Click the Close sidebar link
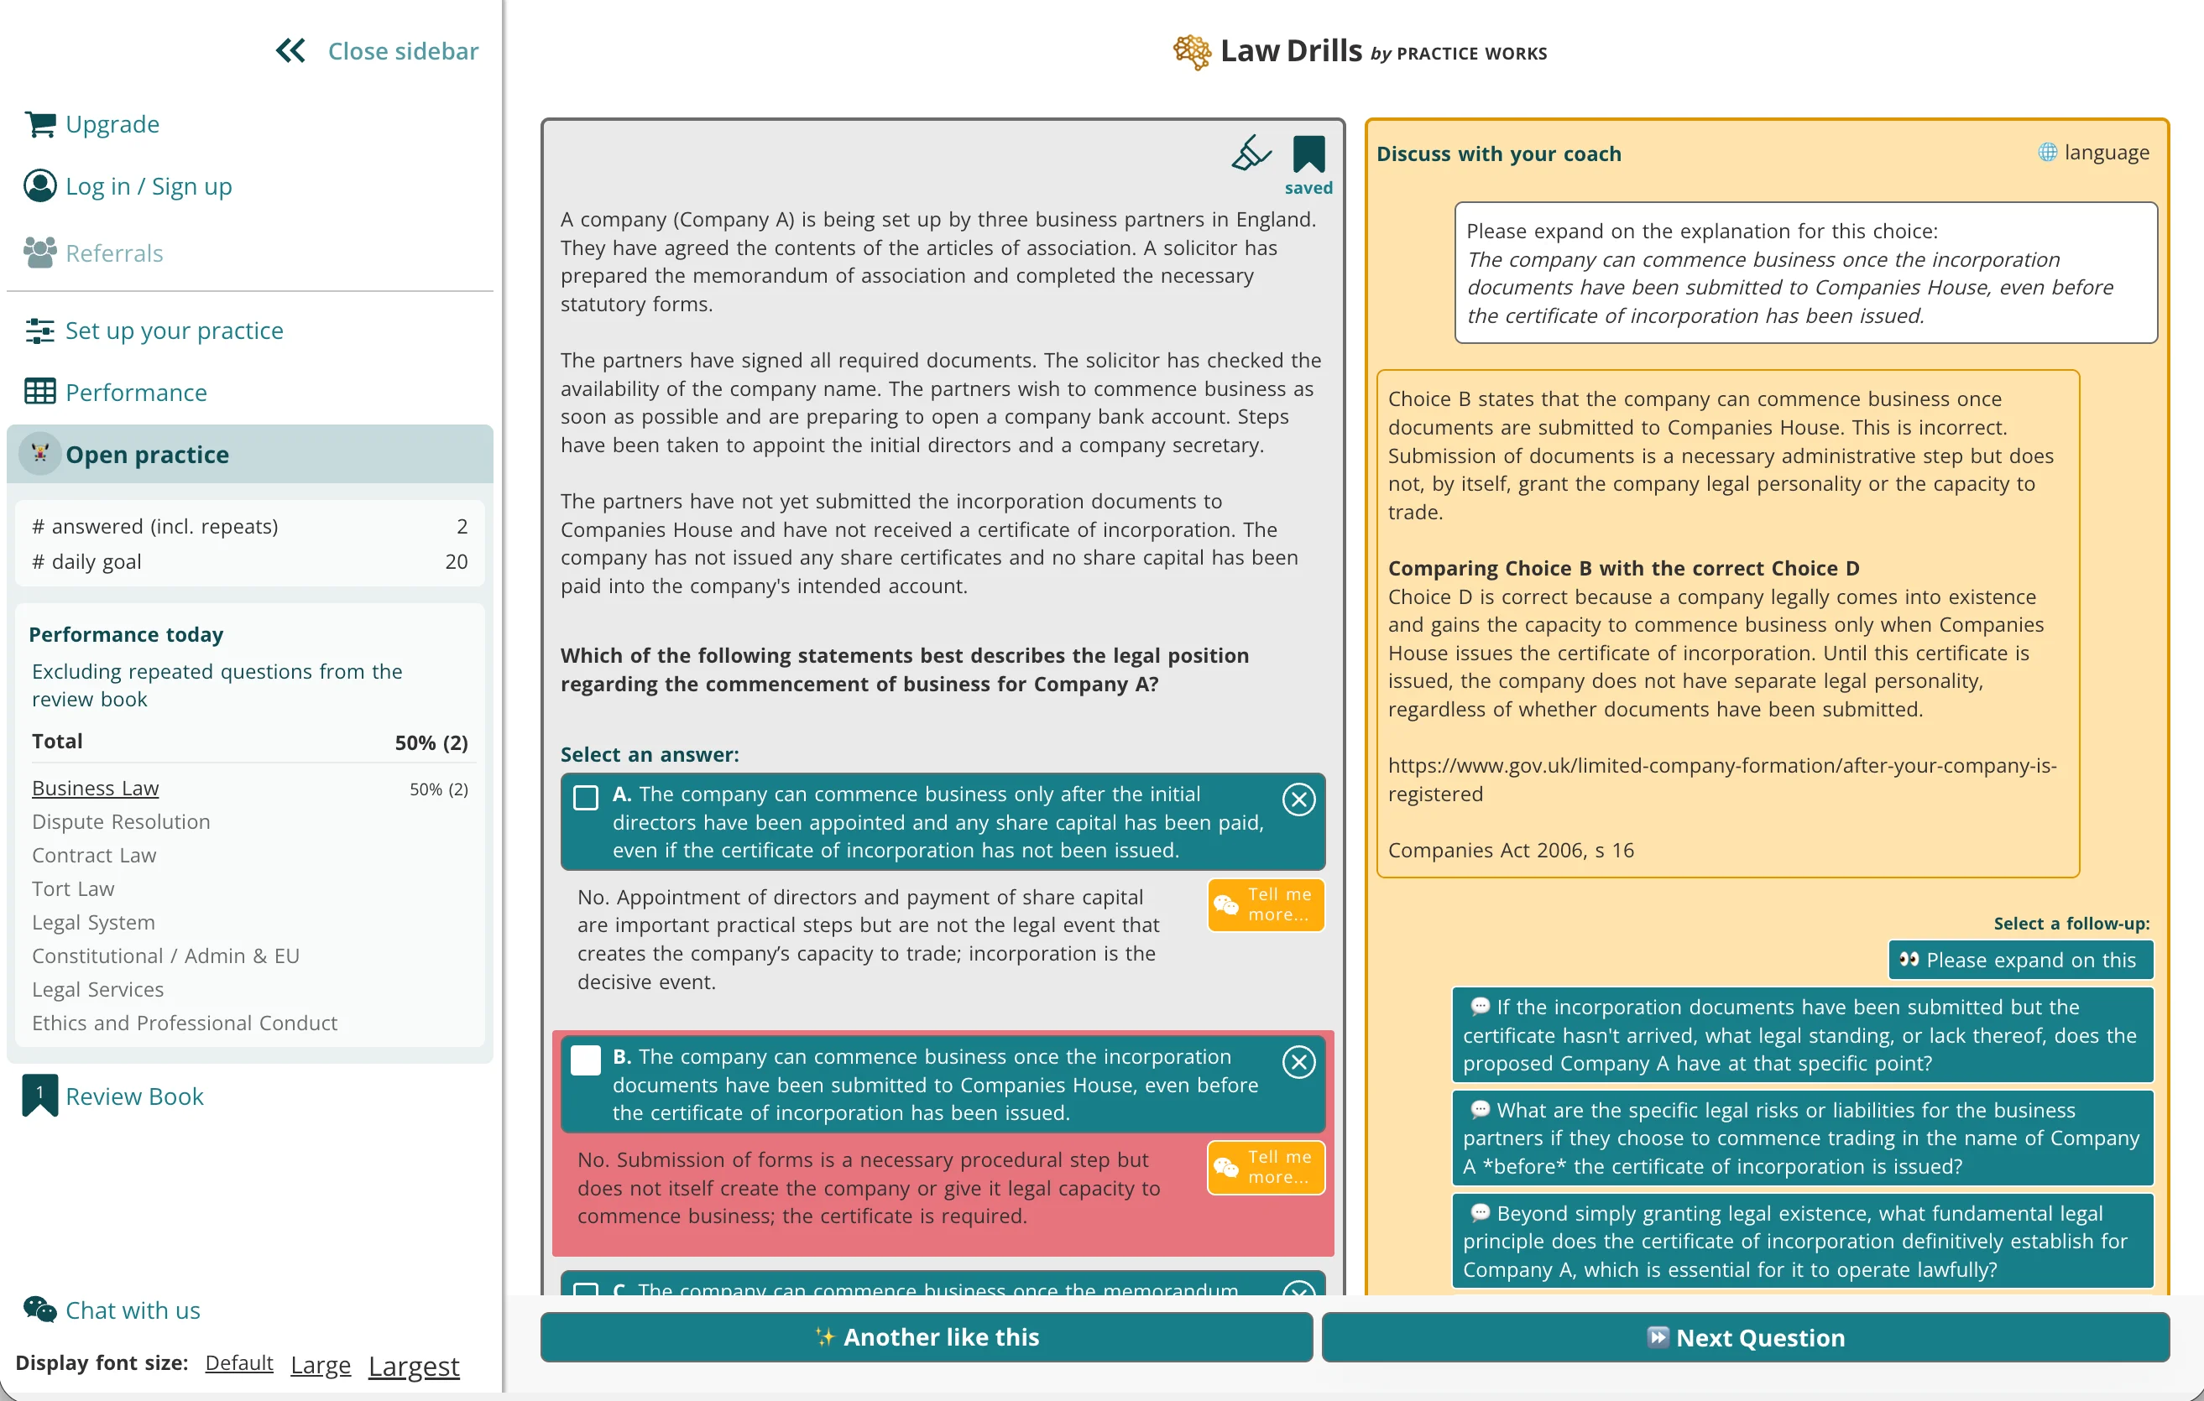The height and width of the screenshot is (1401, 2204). click(377, 51)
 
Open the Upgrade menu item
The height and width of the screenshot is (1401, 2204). click(112, 123)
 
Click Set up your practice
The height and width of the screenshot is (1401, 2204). click(174, 331)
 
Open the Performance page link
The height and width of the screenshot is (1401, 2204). click(135, 393)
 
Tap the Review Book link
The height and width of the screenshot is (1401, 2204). click(133, 1096)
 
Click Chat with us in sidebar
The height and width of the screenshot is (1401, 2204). click(132, 1310)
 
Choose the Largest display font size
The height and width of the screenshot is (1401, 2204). click(414, 1365)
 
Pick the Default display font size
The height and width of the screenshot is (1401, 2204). click(239, 1362)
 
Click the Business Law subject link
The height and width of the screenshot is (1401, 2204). click(95, 788)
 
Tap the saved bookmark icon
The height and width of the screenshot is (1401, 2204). click(1308, 154)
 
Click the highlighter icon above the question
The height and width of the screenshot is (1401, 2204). click(1251, 153)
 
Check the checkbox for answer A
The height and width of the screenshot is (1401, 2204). click(586, 797)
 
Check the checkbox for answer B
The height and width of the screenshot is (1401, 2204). click(586, 1060)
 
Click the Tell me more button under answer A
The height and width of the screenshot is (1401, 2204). click(1266, 905)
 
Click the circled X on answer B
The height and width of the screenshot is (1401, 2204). click(1298, 1061)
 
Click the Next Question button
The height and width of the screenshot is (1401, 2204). click(1745, 1337)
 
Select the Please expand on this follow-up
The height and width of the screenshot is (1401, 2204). click(2020, 960)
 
